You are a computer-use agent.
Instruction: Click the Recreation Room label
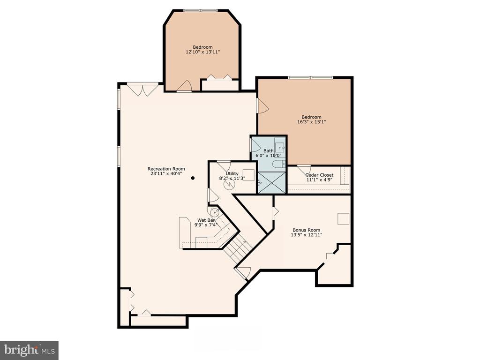[166, 169]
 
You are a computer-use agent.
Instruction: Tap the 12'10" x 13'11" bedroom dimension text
[202, 52]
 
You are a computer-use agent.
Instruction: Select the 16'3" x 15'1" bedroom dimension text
[311, 122]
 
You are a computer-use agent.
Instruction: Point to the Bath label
[269, 150]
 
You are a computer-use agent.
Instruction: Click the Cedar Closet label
[319, 175]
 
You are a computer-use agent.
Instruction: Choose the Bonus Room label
[307, 230]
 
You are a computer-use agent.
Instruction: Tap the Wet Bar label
[206, 220]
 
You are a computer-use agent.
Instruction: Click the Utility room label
[232, 173]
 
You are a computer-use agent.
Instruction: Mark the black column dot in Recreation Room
[193, 178]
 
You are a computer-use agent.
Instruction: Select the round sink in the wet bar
[214, 211]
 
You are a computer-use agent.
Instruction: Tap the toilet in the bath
[278, 164]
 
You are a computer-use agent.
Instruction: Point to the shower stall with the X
[272, 182]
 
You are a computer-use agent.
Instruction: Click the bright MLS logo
[30, 350]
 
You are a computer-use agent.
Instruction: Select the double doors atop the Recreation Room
[143, 90]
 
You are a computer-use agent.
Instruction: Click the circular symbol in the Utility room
[229, 184]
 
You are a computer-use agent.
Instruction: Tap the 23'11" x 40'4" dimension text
[166, 173]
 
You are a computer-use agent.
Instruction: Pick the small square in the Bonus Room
[343, 219]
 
